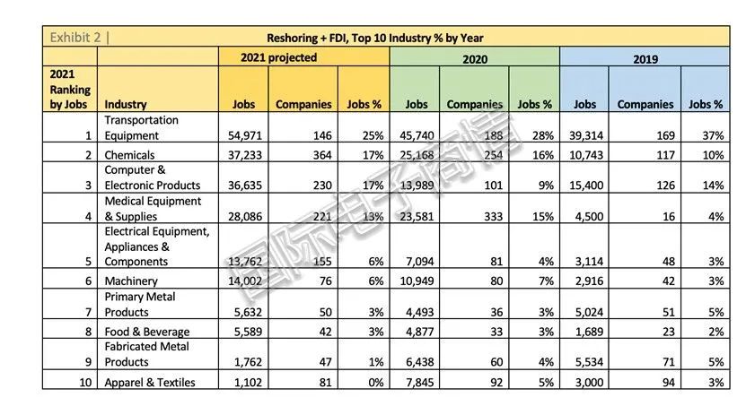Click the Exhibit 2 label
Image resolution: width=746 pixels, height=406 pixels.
(75, 37)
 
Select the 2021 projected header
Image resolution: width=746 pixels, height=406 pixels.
(279, 57)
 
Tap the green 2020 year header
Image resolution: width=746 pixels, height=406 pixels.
(475, 59)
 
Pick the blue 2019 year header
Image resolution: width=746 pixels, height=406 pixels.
(645, 59)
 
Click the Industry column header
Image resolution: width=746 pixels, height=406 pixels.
(126, 104)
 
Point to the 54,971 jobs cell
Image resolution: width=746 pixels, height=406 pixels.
(245, 135)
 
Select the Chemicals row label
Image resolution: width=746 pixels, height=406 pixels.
(129, 155)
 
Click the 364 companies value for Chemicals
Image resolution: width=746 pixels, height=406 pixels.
(322, 155)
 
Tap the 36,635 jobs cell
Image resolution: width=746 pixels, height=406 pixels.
(245, 186)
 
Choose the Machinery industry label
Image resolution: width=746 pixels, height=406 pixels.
(131, 281)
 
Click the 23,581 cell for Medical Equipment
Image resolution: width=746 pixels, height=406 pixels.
(417, 217)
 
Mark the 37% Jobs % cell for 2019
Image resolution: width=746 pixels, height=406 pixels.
(713, 135)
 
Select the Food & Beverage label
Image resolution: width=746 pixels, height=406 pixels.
(147, 332)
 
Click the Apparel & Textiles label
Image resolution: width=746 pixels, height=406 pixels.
(150, 383)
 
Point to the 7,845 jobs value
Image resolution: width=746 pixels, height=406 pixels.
(419, 383)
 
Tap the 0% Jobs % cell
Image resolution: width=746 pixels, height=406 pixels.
(376, 383)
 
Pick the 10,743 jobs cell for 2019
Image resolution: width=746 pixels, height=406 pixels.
(586, 155)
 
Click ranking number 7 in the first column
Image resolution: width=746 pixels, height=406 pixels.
(88, 312)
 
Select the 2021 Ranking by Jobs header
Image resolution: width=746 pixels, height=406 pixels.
(70, 90)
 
